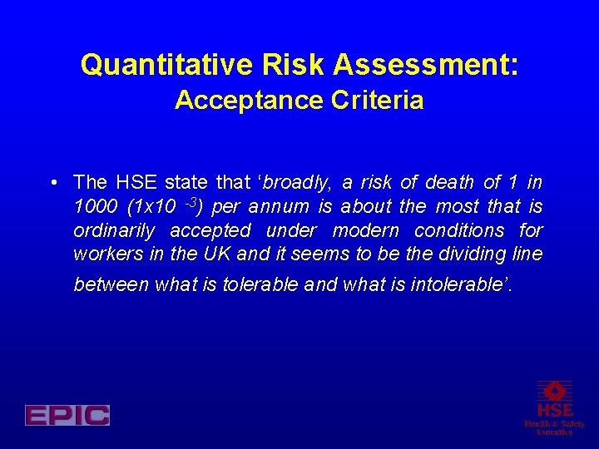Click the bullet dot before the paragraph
pos(52,182)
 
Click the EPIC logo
pos(67,415)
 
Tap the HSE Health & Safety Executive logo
pos(554,407)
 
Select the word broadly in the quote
pos(297,182)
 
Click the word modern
pos(366,230)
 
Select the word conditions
pos(459,230)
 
